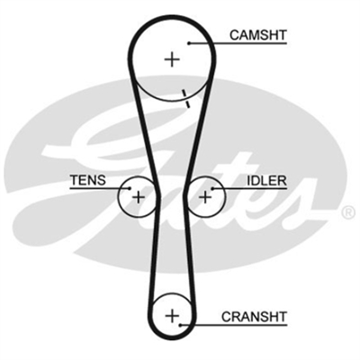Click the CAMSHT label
point(258,35)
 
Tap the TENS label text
point(88,180)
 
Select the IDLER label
point(266,181)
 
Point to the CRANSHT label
point(255,317)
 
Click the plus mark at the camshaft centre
point(172,59)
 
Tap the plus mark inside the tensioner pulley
point(139,197)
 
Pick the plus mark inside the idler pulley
point(205,197)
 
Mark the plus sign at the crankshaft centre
point(172,316)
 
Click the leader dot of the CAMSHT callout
point(189,43)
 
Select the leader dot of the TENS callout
point(130,188)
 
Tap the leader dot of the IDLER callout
point(212,189)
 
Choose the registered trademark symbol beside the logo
point(347,211)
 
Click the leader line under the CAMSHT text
point(238,43)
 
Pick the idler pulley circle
point(224,197)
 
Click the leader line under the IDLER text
point(249,189)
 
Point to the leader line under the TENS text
point(100,188)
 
